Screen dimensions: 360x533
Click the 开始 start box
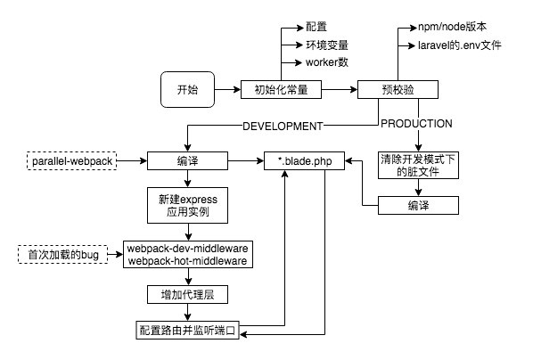(188, 89)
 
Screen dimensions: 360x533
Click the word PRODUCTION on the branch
(416, 124)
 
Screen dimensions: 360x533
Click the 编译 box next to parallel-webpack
(186, 161)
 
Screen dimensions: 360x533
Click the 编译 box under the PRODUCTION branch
(417, 206)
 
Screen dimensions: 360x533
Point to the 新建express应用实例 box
(186, 207)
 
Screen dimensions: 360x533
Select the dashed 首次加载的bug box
(60, 255)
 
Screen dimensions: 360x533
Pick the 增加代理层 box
(186, 293)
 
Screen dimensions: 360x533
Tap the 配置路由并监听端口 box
(186, 330)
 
